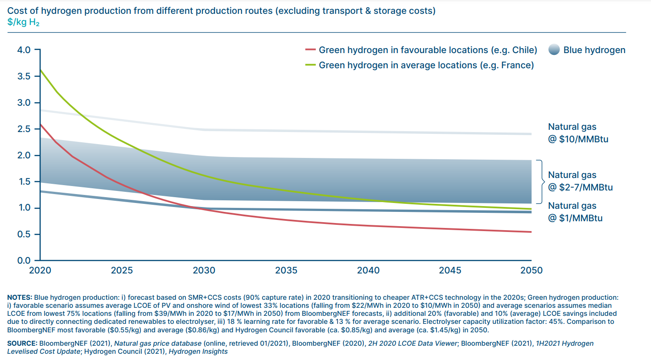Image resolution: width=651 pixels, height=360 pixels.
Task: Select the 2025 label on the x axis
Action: (x=122, y=270)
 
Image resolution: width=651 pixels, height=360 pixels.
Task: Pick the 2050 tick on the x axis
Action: (x=531, y=270)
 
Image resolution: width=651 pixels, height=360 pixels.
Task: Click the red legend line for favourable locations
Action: (x=310, y=50)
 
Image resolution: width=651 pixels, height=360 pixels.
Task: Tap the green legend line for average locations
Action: (x=310, y=65)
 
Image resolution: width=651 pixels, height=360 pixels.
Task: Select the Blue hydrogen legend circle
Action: (x=553, y=50)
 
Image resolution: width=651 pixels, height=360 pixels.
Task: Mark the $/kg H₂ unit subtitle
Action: (x=23, y=22)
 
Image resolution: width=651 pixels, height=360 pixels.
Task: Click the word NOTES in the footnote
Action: (x=19, y=297)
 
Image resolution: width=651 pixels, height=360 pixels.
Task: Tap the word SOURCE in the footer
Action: (x=22, y=343)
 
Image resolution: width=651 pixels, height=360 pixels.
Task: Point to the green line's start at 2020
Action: (x=41, y=70)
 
